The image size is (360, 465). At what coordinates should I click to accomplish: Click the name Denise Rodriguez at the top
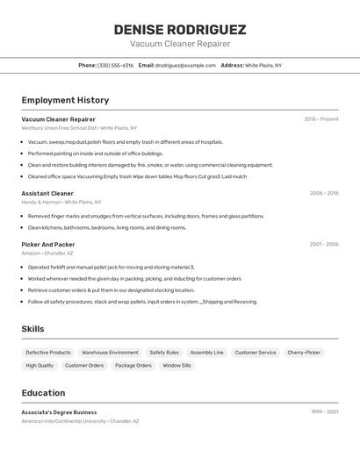tap(180, 29)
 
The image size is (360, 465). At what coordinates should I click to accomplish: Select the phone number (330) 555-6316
tap(115, 66)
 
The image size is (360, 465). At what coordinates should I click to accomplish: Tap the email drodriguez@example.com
tap(185, 66)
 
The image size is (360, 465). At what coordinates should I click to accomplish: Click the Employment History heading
tap(65, 101)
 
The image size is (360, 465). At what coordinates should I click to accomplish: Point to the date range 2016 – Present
tap(321, 119)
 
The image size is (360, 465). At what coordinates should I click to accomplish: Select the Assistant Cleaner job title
tap(47, 193)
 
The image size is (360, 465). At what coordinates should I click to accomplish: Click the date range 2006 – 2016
tap(324, 193)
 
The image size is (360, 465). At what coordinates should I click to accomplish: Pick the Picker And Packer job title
tap(48, 245)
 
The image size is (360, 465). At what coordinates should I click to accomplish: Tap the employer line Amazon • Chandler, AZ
tap(47, 253)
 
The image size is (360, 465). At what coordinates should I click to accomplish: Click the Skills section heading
tap(33, 329)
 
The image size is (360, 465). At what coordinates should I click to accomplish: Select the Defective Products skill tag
tap(48, 353)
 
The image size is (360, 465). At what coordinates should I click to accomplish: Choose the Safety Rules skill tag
tap(164, 353)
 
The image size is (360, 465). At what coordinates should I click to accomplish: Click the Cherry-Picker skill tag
tap(304, 353)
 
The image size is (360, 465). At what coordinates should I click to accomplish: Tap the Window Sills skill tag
tap(176, 366)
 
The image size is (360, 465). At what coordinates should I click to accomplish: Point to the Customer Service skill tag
tap(256, 353)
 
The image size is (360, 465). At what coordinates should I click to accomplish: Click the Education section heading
tap(43, 393)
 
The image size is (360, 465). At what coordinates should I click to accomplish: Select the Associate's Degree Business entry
tap(59, 412)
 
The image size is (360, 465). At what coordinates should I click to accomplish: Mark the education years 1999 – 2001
tap(324, 412)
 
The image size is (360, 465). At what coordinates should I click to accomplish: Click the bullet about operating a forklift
tap(111, 268)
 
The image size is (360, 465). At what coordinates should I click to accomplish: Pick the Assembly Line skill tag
tap(207, 353)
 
